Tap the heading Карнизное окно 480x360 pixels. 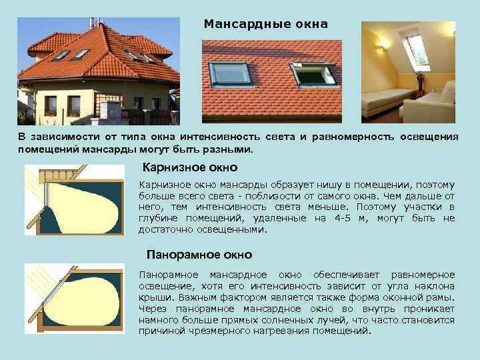click(191, 167)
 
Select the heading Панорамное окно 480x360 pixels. click(199, 254)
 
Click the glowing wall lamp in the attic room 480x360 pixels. click(382, 47)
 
